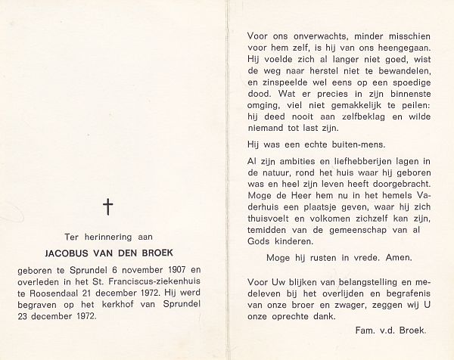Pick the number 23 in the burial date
tap(21, 314)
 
